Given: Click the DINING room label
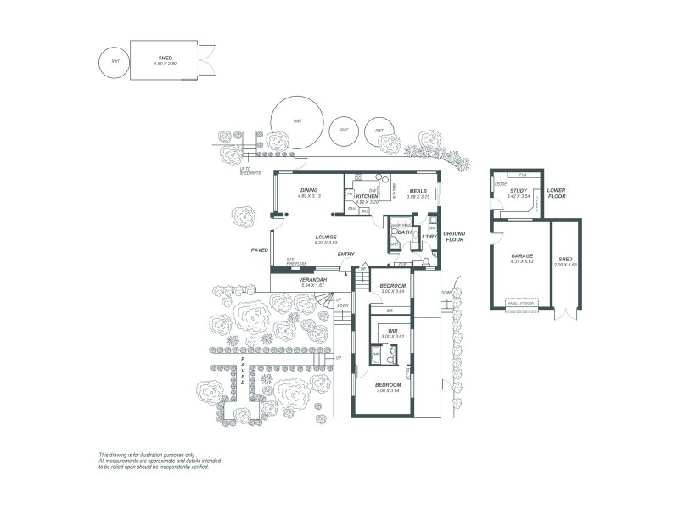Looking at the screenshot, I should [x=308, y=191].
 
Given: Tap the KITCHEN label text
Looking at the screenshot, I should [x=367, y=196].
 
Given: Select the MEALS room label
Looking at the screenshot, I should [x=418, y=191].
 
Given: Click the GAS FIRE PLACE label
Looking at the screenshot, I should [x=295, y=262].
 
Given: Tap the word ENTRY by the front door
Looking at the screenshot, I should [x=345, y=255].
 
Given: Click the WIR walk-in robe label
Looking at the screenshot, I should [x=393, y=331].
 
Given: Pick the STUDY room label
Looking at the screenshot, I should [x=518, y=191].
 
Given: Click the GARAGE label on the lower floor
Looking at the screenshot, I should [x=521, y=255].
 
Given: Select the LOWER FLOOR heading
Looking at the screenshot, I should [x=557, y=193].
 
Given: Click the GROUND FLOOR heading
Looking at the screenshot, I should [x=454, y=236].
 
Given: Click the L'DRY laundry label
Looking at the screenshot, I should [x=429, y=236].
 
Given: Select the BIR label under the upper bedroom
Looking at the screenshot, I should [x=389, y=310].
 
